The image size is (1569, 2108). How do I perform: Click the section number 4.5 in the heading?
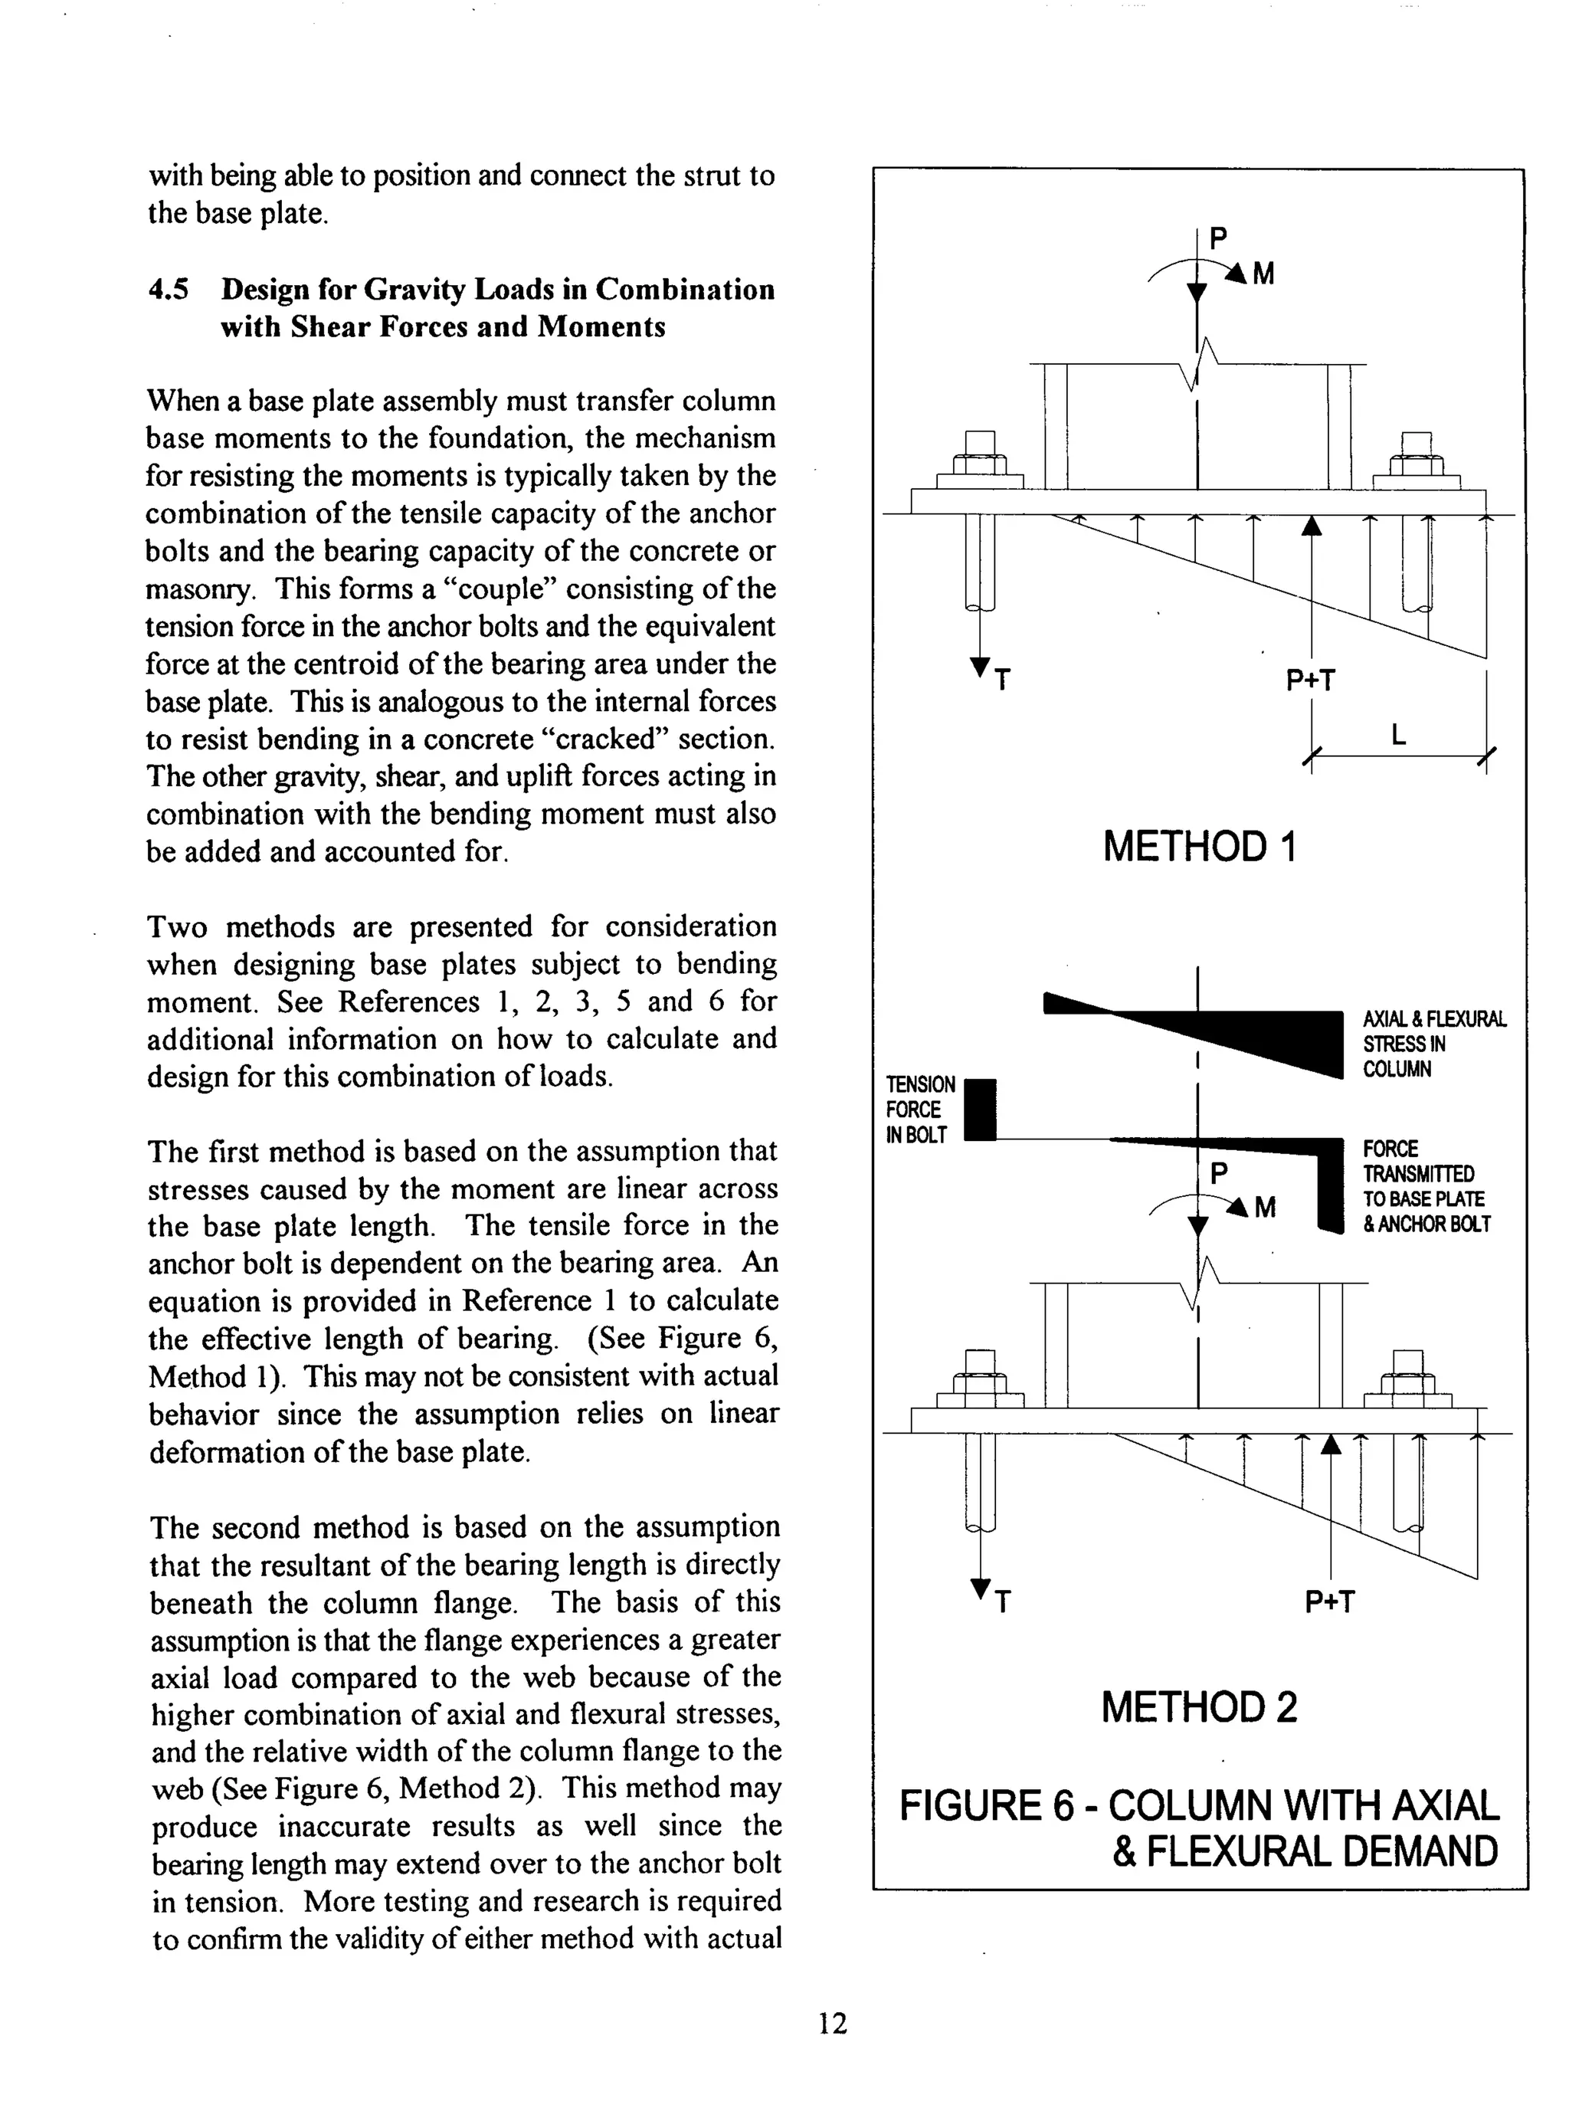point(167,289)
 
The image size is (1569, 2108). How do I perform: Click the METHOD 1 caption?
point(1199,845)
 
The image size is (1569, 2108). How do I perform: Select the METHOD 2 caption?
point(1199,1707)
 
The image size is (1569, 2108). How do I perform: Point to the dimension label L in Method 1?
point(1397,734)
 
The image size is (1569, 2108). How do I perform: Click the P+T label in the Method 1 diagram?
point(1310,680)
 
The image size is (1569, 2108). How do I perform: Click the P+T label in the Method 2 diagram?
point(1328,1601)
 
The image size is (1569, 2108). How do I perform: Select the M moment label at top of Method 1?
point(1263,274)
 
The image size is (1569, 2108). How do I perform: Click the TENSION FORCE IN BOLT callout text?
point(920,1110)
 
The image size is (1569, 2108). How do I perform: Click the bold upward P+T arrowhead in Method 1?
point(1311,526)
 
